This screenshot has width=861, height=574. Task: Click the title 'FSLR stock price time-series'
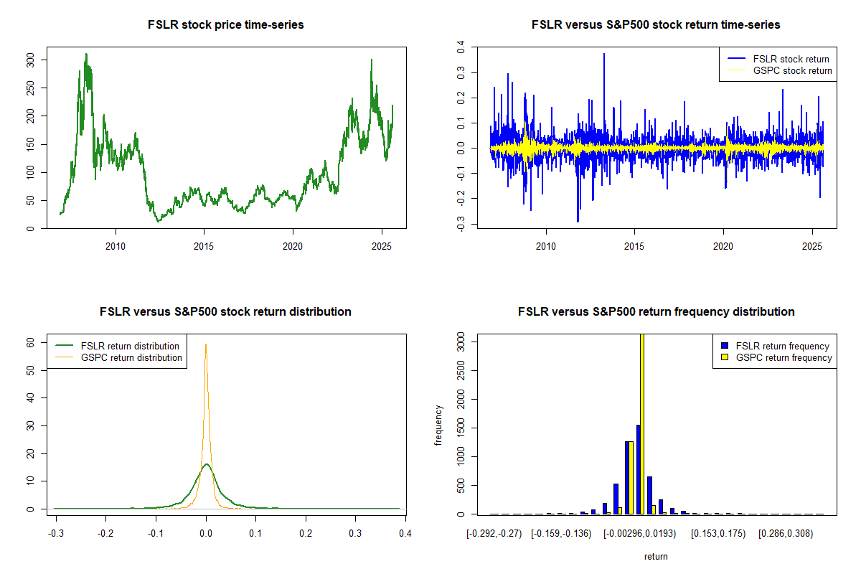tap(225, 25)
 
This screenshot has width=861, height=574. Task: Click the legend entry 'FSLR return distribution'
tap(130, 346)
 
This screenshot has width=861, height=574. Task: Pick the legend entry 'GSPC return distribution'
tap(131, 357)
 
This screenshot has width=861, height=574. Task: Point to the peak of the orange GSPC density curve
tap(206, 344)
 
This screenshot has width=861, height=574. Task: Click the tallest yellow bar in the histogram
tap(641, 423)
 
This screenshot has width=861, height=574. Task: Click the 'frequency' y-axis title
tap(439, 425)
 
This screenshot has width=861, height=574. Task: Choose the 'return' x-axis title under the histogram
tap(656, 556)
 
